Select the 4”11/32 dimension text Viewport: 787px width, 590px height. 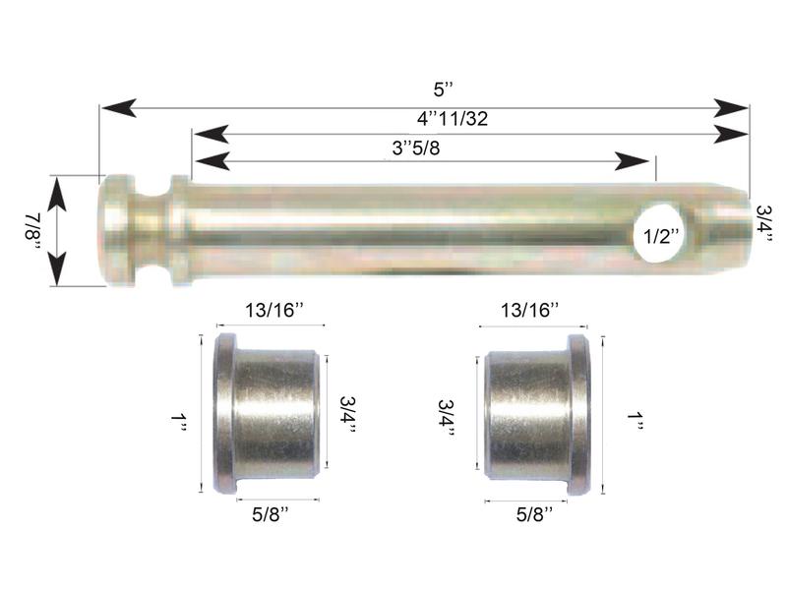(453, 119)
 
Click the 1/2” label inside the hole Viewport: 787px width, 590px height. (660, 236)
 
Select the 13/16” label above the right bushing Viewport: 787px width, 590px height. (529, 311)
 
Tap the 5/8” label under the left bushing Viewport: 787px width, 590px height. (271, 513)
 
